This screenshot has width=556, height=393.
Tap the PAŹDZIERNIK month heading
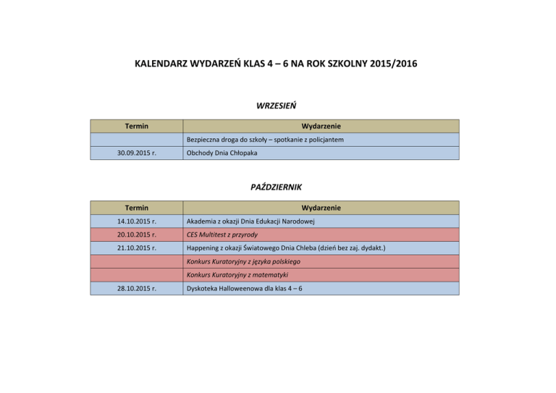[x=276, y=187]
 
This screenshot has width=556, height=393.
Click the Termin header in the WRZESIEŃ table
[x=136, y=126]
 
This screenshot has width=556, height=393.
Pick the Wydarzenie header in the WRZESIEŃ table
[x=321, y=126]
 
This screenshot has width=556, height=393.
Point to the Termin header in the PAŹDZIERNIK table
[x=136, y=208]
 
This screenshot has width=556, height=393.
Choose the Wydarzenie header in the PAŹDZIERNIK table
[x=321, y=208]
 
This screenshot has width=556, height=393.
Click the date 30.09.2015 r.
[x=136, y=153]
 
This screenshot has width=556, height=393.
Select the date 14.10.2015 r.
[x=136, y=221]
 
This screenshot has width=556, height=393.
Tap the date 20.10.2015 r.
[x=136, y=234]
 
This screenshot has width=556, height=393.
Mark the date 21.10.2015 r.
[x=136, y=248]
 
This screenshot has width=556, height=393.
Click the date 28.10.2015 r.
[x=136, y=289]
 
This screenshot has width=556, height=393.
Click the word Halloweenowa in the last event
[x=246, y=289]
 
